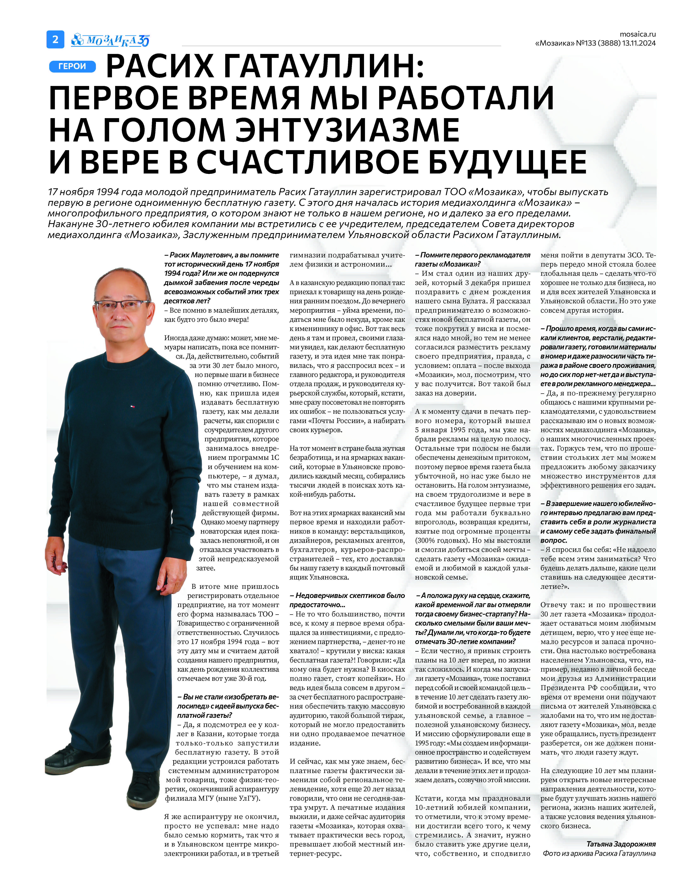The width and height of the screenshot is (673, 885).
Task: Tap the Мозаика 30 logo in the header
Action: (110, 40)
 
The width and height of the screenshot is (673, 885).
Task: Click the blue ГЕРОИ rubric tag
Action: (72, 66)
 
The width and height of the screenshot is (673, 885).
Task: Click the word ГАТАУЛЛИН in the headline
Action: (320, 66)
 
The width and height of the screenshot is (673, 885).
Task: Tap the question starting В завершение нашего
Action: (598, 522)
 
